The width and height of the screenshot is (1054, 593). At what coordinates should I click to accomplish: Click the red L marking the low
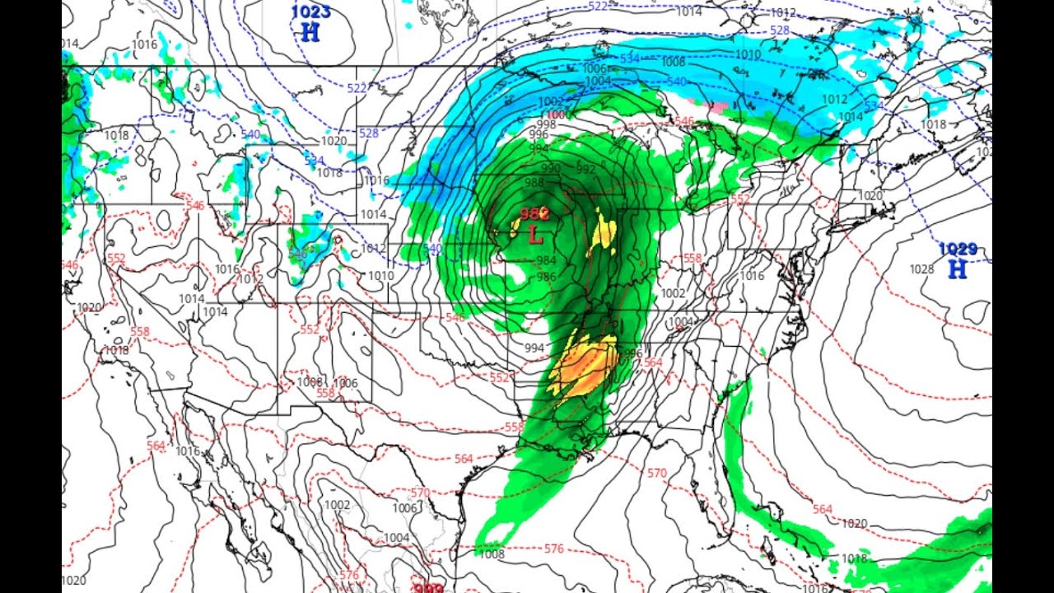(x=535, y=236)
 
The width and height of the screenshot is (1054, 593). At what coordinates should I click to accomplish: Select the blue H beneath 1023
(x=310, y=33)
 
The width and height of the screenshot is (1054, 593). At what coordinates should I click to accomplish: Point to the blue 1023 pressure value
(x=310, y=12)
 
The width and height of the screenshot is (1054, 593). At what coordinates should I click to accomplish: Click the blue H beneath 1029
(x=957, y=268)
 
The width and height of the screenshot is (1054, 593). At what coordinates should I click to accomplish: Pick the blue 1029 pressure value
(x=958, y=249)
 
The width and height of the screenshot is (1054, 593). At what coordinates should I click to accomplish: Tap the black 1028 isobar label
(x=921, y=269)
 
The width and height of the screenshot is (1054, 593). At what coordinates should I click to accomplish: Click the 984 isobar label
(x=546, y=261)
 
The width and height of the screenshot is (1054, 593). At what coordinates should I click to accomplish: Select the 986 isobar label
(x=546, y=277)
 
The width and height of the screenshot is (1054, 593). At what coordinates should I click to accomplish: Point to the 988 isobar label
(x=534, y=182)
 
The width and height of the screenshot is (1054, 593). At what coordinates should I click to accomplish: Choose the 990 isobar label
(x=551, y=168)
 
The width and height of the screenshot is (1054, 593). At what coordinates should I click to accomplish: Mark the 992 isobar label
(x=585, y=170)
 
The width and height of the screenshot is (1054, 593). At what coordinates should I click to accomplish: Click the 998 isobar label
(x=547, y=124)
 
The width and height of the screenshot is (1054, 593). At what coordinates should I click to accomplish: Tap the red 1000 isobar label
(x=557, y=114)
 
